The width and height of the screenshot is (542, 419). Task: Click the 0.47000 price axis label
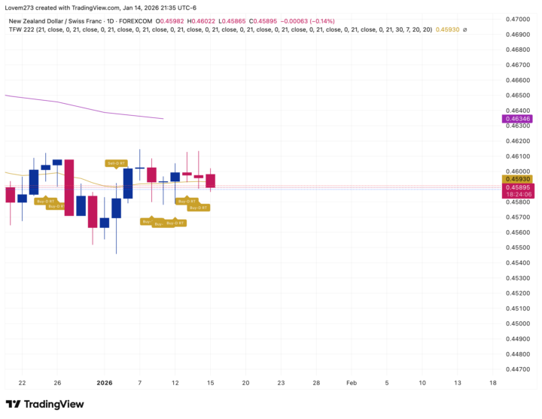[516, 18]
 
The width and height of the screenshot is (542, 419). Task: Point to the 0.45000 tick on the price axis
[516, 323]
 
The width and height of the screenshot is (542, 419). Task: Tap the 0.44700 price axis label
[516, 369]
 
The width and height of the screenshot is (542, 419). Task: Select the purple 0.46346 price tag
[517, 119]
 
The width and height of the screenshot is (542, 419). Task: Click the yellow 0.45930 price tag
[517, 179]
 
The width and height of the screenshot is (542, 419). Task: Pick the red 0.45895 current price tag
[517, 187]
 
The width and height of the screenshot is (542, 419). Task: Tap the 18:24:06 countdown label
[517, 194]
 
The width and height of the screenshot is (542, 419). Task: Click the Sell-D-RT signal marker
[116, 162]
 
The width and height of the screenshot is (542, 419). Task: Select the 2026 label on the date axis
[105, 383]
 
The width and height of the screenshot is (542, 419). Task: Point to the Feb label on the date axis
[352, 383]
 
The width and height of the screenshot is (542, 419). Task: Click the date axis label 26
[57, 383]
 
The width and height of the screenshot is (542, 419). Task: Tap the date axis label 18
[492, 383]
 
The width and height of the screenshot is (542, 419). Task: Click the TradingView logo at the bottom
[45, 404]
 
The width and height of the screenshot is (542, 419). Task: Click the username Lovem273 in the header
[23, 7]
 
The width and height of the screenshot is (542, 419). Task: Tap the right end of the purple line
[163, 118]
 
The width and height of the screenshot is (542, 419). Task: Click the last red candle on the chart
[211, 181]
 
